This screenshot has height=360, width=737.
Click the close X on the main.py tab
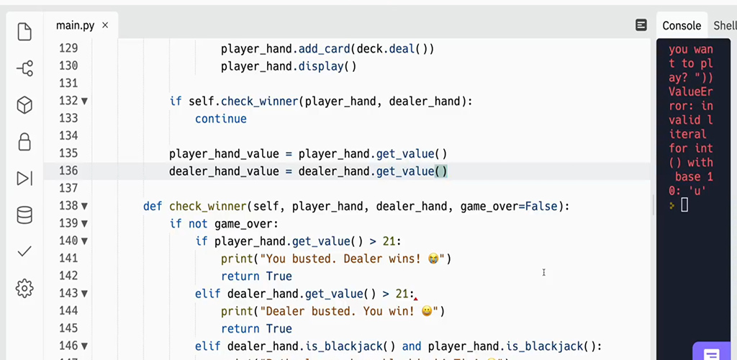(x=105, y=25)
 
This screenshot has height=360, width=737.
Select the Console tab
(x=681, y=26)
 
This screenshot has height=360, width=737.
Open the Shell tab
(x=724, y=26)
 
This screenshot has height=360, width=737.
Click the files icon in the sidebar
(x=24, y=32)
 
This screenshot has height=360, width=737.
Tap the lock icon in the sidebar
(x=24, y=141)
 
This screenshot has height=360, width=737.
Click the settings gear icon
(x=24, y=289)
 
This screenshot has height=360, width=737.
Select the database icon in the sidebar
(x=24, y=215)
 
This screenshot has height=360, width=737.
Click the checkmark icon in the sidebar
(x=24, y=251)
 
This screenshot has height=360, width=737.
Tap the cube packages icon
(x=24, y=105)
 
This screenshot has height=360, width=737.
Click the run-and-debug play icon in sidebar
(x=24, y=179)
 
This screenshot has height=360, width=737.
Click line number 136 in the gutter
(x=68, y=171)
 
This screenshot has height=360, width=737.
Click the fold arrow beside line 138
(x=84, y=207)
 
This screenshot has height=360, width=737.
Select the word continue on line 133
(x=220, y=119)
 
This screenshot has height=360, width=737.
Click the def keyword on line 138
(x=153, y=207)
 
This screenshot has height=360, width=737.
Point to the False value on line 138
(x=541, y=207)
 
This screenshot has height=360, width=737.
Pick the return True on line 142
(x=256, y=276)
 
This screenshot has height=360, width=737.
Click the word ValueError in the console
(x=689, y=92)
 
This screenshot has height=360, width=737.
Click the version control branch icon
(x=24, y=68)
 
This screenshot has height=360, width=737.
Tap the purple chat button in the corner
(x=711, y=354)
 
